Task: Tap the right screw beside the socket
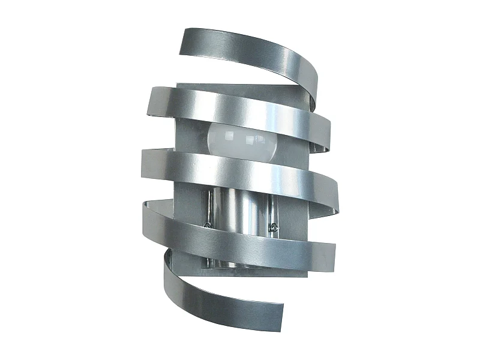click(274, 227)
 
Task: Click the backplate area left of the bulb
click(191, 135)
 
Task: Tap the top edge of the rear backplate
click(240, 85)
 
